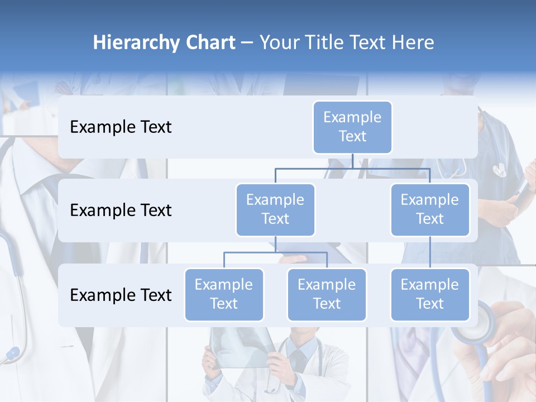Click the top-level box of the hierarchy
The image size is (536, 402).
tap(352, 127)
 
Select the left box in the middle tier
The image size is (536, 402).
tap(275, 209)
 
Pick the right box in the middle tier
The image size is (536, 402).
tap(430, 209)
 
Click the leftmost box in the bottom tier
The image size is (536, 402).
tap(224, 294)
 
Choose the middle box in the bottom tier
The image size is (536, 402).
tap(327, 294)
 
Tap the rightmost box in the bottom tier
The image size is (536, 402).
tap(430, 294)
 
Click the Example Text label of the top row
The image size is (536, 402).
tap(121, 127)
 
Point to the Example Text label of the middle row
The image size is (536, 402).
tap(121, 210)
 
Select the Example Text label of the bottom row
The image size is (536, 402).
tap(121, 295)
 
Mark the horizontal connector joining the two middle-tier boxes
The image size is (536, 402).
tap(352, 168)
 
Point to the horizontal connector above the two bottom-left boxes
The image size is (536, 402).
tap(275, 252)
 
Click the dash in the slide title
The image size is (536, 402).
tap(247, 43)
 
